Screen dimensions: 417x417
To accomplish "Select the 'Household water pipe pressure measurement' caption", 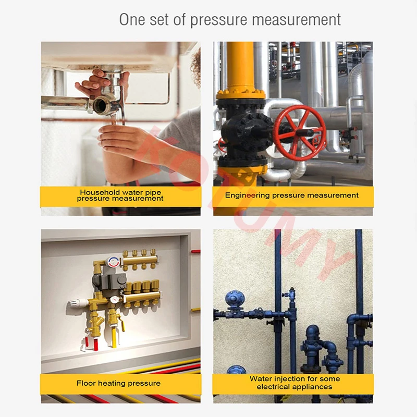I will pyautogui.click(x=120, y=196).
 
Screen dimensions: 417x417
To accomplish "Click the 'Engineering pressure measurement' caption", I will pyautogui.click(x=292, y=195).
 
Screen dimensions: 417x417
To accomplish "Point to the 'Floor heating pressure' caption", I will pyautogui.click(x=118, y=383).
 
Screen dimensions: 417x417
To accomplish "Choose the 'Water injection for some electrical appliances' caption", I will pyautogui.click(x=295, y=383).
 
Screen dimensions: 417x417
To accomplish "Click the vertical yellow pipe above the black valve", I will pyautogui.click(x=240, y=65).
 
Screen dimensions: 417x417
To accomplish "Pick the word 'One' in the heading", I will pyautogui.click(x=131, y=20).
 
